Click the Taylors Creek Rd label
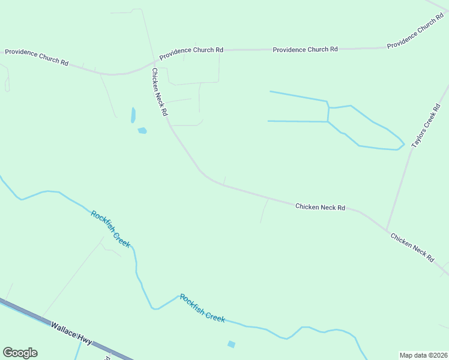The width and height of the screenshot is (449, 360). (426, 126)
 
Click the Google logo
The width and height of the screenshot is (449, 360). (20, 353)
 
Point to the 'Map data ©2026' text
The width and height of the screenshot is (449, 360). (424, 355)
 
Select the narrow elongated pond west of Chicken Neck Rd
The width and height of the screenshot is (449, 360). (133, 115)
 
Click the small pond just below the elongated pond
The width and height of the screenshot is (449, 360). (142, 130)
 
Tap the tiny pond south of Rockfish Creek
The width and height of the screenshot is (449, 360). (231, 344)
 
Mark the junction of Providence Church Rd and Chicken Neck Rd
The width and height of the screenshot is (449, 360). (154, 61)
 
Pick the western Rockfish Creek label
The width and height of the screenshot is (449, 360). (110, 228)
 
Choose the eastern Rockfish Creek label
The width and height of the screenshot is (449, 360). (202, 308)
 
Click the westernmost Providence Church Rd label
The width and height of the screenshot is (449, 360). (37, 57)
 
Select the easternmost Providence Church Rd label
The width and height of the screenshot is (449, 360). (415, 34)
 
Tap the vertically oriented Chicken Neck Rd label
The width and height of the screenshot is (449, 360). (159, 92)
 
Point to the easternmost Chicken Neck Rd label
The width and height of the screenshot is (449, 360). (412, 247)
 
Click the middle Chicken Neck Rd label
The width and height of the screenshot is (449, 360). (320, 207)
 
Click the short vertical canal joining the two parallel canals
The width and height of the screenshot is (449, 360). (328, 112)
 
